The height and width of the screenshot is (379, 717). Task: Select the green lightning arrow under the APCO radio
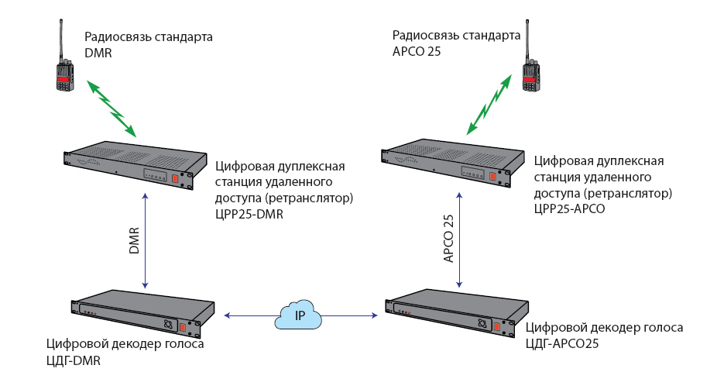point(489,105)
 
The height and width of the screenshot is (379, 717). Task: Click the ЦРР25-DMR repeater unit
point(136,165)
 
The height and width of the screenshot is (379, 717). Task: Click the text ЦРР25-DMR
point(249,215)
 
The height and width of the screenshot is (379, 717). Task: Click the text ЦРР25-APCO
point(569,208)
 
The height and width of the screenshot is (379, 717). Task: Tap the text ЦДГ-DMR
point(74,360)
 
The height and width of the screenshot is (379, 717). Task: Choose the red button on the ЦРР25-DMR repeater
point(176,179)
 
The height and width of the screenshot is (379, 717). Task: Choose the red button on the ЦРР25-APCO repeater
point(492,177)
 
